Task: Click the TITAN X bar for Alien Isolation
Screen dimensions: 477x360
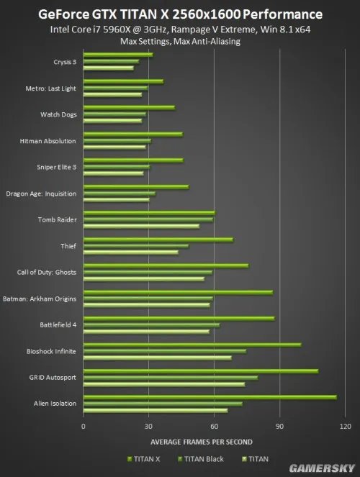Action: coord(209,396)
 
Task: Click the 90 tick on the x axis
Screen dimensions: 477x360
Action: coord(279,427)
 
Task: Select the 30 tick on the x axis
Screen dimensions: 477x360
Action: coord(148,427)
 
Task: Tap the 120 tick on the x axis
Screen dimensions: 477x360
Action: coord(345,427)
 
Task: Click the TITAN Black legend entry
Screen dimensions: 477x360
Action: coord(204,458)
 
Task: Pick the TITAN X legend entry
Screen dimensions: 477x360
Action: coord(146,458)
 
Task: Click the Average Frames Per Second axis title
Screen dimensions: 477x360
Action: coord(202,441)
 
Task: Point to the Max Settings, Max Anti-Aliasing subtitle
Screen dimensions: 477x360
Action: coord(180,42)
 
